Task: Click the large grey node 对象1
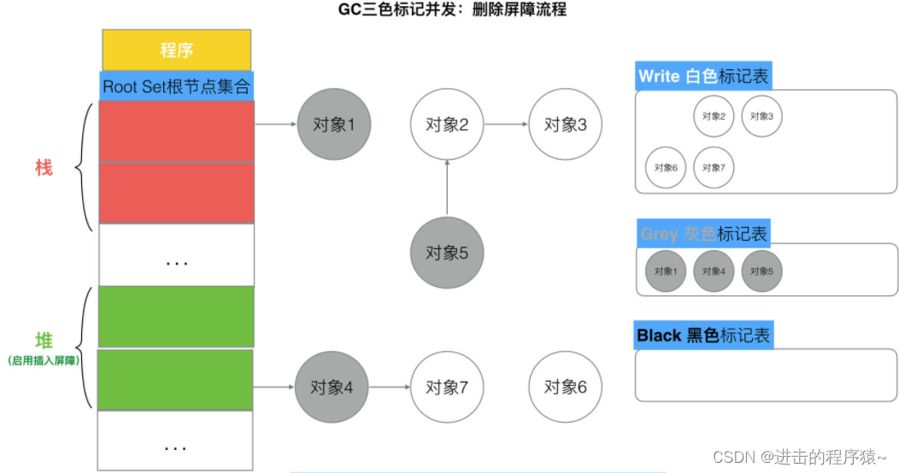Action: (329, 125)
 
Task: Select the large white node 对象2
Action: (447, 125)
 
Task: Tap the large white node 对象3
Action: (565, 125)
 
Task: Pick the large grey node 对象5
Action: (447, 253)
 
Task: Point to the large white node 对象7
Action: (447, 388)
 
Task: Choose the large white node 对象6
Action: (565, 388)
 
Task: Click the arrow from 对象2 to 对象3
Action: (506, 125)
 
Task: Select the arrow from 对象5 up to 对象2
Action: (447, 188)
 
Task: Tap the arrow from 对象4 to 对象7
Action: (388, 388)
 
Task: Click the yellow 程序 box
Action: (177, 50)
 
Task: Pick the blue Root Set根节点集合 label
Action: (177, 86)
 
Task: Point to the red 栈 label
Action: (44, 168)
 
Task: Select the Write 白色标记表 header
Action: (703, 76)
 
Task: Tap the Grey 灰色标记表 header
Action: (703, 233)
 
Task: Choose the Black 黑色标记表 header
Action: (703, 336)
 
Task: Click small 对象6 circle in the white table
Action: (666, 167)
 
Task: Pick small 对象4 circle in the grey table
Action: (714, 272)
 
